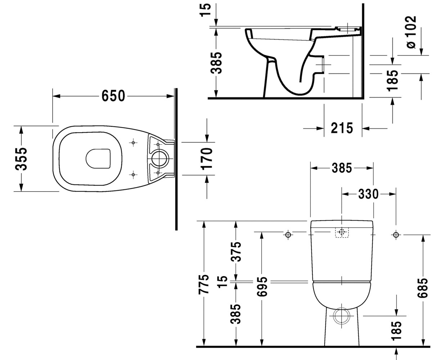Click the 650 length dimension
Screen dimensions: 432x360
pyautogui.click(x=113, y=96)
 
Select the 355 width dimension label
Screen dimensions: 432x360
pyautogui.click(x=21, y=159)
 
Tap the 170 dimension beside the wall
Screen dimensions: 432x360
pyautogui.click(x=207, y=159)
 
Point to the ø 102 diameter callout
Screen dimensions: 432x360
pyautogui.click(x=411, y=32)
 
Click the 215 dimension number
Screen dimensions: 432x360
pyautogui.click(x=342, y=128)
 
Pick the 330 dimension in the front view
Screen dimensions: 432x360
pyautogui.click(x=368, y=194)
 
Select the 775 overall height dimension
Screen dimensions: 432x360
pyautogui.click(x=204, y=284)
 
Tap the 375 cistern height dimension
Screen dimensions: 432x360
pyautogui.click(x=236, y=252)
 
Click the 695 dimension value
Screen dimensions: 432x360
pyautogui.click(x=262, y=286)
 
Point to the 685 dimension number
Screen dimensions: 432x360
pyautogui.click(x=422, y=288)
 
